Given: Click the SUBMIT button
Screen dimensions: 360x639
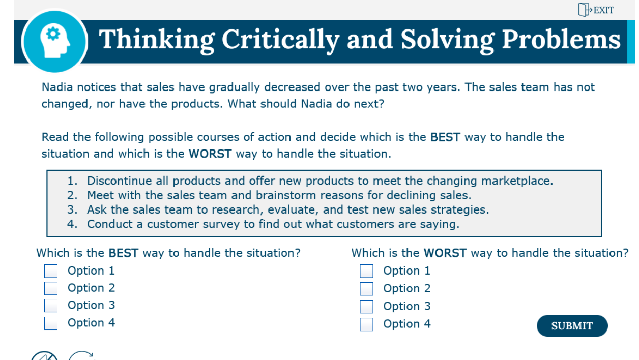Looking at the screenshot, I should (572, 326).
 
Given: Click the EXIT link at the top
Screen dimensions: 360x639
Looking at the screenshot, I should (597, 10).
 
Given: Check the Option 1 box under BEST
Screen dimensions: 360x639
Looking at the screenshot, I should (51, 271).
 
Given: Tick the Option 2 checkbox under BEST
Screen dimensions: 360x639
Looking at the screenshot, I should (51, 288).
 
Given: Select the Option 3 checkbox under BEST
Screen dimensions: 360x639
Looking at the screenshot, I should (51, 306).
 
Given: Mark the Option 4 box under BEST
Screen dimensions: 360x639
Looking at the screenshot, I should (51, 323).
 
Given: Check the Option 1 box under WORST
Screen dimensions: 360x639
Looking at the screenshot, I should (366, 271).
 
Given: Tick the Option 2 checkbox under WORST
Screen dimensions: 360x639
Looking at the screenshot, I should (366, 289).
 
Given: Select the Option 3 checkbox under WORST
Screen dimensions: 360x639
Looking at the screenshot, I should (366, 307).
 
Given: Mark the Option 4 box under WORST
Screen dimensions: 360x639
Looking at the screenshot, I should (366, 324).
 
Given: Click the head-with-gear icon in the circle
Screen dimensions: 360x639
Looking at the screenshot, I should (54, 41).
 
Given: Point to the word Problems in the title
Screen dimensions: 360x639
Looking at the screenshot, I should (561, 40).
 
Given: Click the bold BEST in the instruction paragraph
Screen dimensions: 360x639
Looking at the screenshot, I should (445, 137).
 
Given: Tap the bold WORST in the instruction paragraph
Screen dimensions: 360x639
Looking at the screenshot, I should (210, 154).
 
